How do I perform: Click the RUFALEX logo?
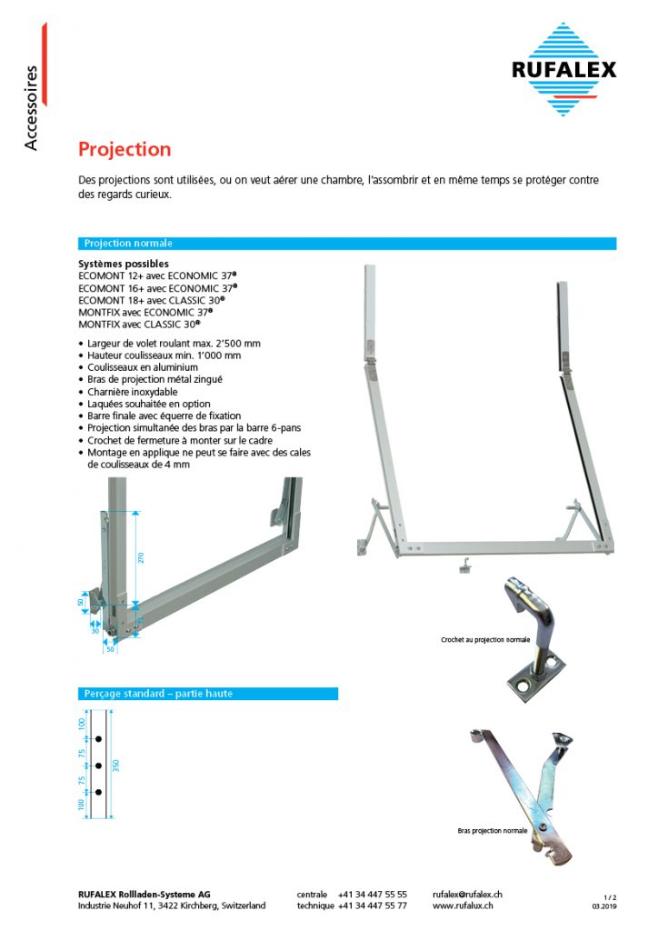(x=563, y=69)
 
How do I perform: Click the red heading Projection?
(x=124, y=149)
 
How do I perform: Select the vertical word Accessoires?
(x=32, y=107)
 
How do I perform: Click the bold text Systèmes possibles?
(x=123, y=264)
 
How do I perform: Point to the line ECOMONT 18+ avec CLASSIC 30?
(x=151, y=298)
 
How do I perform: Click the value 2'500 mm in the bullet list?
(x=240, y=344)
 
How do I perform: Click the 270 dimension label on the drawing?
(x=141, y=557)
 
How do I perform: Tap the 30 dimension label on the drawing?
(x=95, y=630)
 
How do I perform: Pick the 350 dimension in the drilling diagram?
(x=116, y=765)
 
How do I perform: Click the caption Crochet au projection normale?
(x=484, y=640)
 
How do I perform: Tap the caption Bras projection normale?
(x=492, y=831)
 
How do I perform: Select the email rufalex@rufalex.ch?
(x=468, y=895)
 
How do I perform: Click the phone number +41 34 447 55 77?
(x=372, y=906)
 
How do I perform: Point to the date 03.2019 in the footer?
(x=604, y=906)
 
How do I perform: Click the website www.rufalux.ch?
(x=463, y=906)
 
